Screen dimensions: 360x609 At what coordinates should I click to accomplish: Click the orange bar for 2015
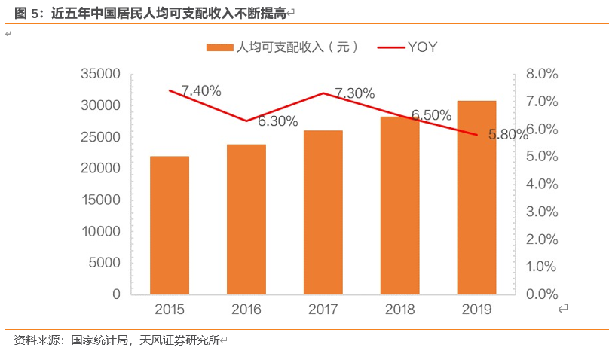pos(170,225)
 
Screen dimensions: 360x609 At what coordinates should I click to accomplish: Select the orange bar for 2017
pos(323,212)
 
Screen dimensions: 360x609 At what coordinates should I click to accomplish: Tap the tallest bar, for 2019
pos(476,197)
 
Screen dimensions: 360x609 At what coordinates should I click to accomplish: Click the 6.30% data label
pos(277,121)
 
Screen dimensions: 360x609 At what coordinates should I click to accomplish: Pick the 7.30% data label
pos(354,94)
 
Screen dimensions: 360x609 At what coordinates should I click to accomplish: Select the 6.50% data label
pos(431,115)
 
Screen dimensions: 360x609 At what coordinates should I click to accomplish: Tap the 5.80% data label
pos(508,135)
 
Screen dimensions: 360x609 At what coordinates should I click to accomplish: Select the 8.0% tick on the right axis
pos(541,74)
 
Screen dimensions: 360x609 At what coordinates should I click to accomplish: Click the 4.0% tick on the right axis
pos(541,184)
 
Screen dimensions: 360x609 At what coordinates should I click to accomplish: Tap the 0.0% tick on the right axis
pos(541,294)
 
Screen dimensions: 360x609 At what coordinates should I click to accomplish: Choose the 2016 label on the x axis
pos(246,310)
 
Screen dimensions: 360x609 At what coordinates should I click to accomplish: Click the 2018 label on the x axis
pos(399,310)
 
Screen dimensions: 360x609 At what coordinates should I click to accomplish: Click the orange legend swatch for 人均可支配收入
pos(220,47)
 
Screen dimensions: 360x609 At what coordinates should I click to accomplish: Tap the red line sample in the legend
pos(390,47)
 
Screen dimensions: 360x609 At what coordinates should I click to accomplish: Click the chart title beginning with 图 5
pos(151,13)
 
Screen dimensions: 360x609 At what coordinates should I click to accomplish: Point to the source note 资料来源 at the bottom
pos(117,340)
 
